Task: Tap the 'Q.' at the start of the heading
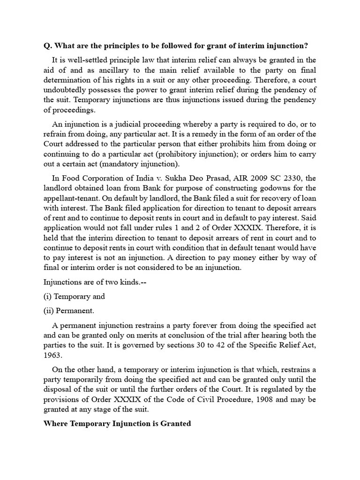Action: click(x=47, y=45)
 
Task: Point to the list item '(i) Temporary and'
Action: click(x=74, y=296)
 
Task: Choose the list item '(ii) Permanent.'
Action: click(x=69, y=310)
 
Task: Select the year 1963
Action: click(x=52, y=355)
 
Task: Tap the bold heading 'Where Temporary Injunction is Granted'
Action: click(x=117, y=423)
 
